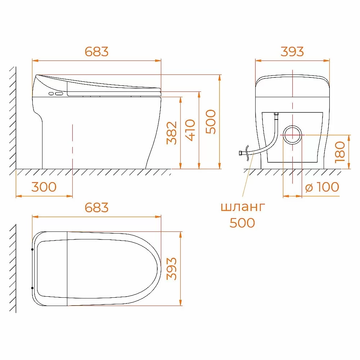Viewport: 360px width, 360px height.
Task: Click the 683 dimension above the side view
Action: click(x=96, y=51)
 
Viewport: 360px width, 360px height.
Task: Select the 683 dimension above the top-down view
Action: click(x=96, y=208)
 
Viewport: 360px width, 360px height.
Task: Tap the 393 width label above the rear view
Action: click(x=292, y=51)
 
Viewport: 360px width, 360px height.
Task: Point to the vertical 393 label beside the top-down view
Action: click(x=172, y=269)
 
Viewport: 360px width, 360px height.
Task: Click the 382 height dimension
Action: click(x=172, y=133)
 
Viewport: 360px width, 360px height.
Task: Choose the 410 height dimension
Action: click(x=190, y=130)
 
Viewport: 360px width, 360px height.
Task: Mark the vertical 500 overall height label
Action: click(x=211, y=122)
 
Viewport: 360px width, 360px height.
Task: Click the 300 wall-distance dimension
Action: click(x=44, y=187)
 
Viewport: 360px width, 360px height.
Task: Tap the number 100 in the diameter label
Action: click(x=327, y=187)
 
